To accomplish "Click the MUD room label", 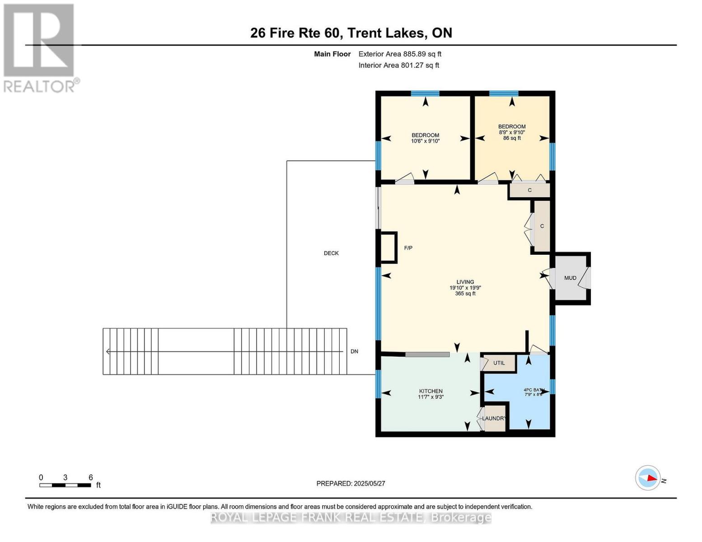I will pos(570,278).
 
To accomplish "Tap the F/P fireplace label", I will pos(408,248).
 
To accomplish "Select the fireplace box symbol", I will pos(388,247).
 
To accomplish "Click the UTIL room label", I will pos(499,363).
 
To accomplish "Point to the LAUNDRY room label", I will pos(494,419).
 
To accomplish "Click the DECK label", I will pos(331,253).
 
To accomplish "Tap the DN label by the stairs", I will pos(354,351).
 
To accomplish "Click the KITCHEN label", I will pos(431,391).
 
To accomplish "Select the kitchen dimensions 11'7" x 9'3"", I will pos(431,397).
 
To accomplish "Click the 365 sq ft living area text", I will pos(465,294).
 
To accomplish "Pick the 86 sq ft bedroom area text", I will pos(512,138).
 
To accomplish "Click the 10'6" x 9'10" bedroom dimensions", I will pos(425,141).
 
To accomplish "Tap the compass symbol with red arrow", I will pos(648,477).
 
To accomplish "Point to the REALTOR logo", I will pos(39,47).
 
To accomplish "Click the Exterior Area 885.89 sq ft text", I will pos(400,54).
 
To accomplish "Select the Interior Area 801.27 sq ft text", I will pos(398,65).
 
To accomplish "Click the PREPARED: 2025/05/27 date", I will pos(351,484).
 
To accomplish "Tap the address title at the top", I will pos(351,33).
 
